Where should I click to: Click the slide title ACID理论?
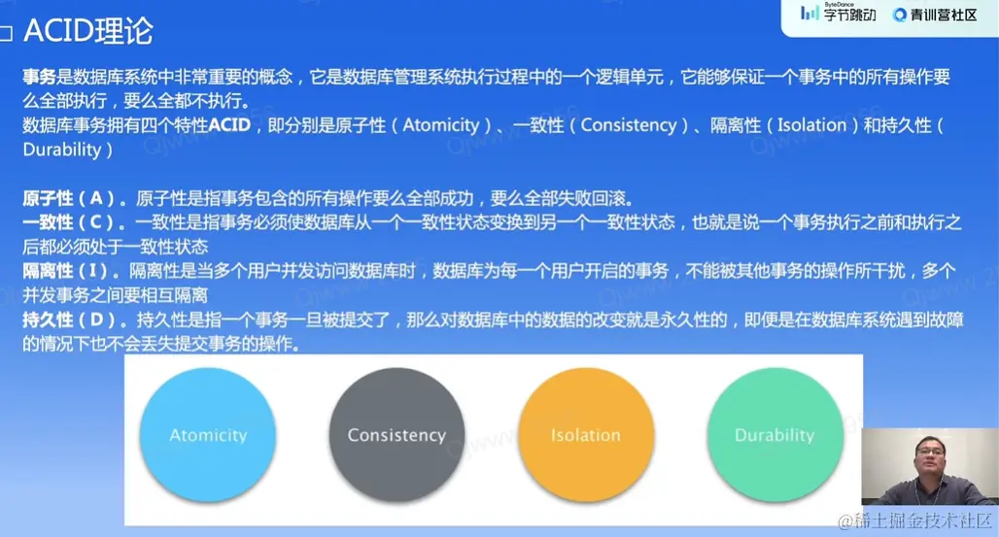point(87,30)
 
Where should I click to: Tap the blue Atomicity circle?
point(208,434)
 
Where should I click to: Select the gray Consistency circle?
point(396,434)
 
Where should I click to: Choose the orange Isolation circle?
point(586,434)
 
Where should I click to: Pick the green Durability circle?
point(775,434)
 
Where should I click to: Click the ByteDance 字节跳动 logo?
point(839,13)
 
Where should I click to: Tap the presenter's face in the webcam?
point(930,457)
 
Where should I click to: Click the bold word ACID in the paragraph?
point(230,125)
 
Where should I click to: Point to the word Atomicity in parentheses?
point(441,125)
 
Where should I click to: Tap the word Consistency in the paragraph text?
point(629,125)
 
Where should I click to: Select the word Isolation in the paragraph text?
point(811,125)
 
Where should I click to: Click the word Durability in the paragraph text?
point(62,150)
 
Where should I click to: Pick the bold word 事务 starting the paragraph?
point(40,77)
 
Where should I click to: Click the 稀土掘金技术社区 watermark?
point(914,520)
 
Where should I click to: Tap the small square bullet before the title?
point(6,33)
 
